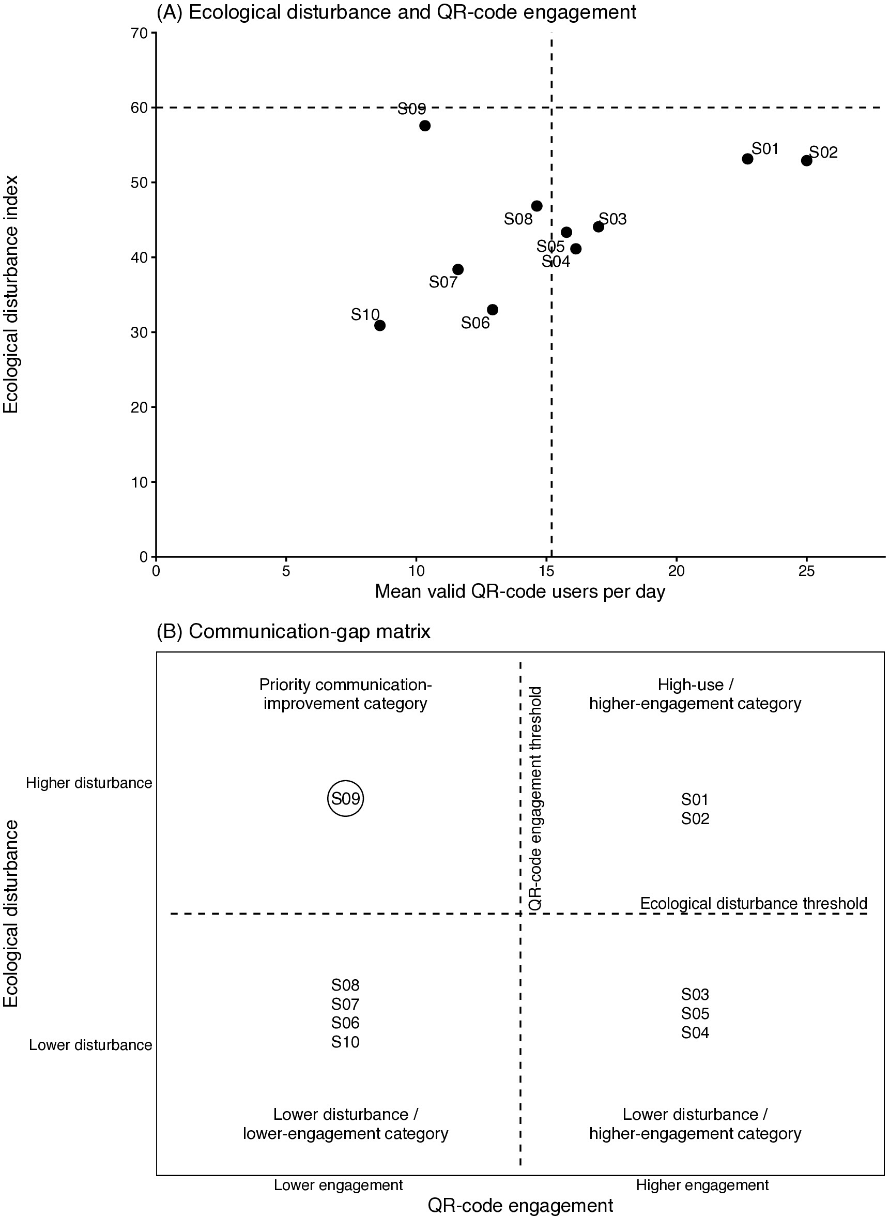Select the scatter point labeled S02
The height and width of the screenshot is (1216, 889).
click(x=806, y=160)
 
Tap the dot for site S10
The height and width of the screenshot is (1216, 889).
click(x=379, y=325)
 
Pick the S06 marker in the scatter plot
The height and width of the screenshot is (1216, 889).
click(x=493, y=310)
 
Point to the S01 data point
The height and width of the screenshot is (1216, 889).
click(x=747, y=159)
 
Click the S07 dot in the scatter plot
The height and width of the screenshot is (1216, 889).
click(x=458, y=269)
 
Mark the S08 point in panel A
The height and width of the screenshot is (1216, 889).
click(x=537, y=206)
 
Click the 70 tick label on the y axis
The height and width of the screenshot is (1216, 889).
click(x=139, y=34)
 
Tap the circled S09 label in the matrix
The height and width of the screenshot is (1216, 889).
click(x=345, y=798)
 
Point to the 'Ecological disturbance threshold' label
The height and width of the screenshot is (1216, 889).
click(x=754, y=903)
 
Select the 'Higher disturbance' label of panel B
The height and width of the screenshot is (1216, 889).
click(x=89, y=783)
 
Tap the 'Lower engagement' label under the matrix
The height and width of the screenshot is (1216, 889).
click(x=339, y=1185)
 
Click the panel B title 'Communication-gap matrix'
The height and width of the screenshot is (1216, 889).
click(x=294, y=631)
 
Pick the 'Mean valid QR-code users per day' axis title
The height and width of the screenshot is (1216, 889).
click(x=520, y=591)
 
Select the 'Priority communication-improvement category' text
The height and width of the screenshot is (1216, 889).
click(x=345, y=694)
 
